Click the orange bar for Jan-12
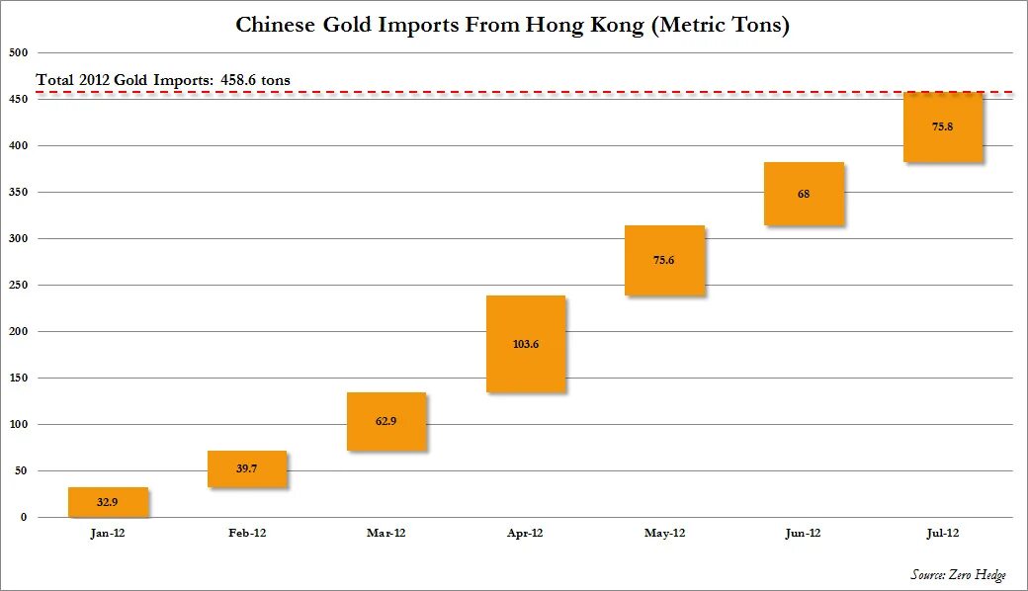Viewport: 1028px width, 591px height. pos(108,502)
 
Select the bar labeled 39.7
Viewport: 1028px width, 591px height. pos(247,468)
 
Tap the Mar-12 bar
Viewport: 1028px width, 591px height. pos(386,422)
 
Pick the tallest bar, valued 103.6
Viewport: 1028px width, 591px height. pos(526,344)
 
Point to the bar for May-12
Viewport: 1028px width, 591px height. pos(664,261)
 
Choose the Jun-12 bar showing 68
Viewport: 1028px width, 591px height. pos(804,194)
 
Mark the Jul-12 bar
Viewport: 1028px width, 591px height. pos(943,127)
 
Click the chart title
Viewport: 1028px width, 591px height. pos(512,25)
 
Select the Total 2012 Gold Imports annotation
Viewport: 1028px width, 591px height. pos(163,80)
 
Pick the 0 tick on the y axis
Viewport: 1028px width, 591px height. pos(24,517)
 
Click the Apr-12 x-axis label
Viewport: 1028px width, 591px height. pos(525,533)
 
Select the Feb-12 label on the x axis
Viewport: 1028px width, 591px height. pos(247,533)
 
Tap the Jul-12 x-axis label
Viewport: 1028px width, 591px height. pos(942,533)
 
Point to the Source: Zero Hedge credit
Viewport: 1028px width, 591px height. pos(958,575)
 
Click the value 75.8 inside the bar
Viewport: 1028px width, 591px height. pos(943,127)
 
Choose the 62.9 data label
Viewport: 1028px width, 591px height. pos(386,421)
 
